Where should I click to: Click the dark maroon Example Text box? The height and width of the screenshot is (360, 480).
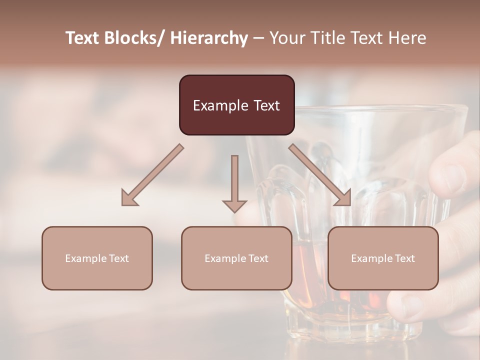coord(236,105)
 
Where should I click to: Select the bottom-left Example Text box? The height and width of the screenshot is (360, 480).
coord(97,258)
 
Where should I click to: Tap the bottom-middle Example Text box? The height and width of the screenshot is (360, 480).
coord(236,258)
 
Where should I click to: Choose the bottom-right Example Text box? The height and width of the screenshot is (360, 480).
coord(383,258)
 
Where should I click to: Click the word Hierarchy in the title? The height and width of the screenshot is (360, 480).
coord(209,38)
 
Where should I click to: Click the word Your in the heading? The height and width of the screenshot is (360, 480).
coord(286,38)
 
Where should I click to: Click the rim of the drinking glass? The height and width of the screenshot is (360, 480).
coord(380,107)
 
